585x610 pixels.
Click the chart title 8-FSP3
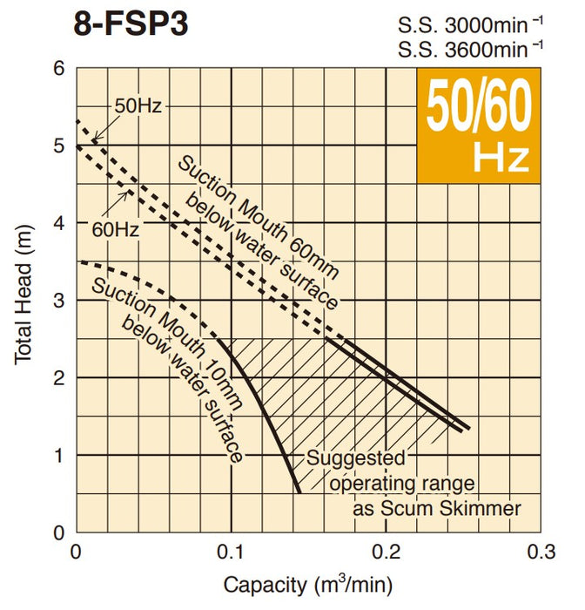(131, 24)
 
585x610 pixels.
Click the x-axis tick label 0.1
(230, 552)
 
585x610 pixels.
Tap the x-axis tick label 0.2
(386, 552)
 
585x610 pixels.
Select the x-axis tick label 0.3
(541, 552)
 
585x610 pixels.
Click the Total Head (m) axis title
(24, 300)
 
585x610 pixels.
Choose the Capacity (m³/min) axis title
(308, 585)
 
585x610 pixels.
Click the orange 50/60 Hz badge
(477, 125)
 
